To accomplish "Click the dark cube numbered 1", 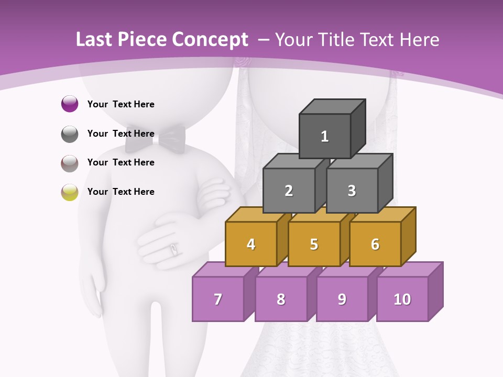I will coord(325,136).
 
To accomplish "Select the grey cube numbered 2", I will coord(289,191).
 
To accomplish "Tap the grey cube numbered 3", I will coord(352,191).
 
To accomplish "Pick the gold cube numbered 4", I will coord(251,244).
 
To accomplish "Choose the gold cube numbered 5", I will coord(314,244).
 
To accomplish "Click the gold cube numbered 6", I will coord(375,244).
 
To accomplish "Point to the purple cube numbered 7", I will coord(218,299).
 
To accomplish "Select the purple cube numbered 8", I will coord(281,299).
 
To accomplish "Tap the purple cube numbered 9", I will coord(342,299).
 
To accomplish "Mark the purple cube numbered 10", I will coord(402,299).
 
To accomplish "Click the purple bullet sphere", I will coord(70,104).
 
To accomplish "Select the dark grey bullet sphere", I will coord(70,134).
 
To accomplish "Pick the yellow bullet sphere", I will coord(70,192).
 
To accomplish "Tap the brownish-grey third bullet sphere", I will coord(70,163).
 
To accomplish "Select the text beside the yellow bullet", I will coord(121,192).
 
